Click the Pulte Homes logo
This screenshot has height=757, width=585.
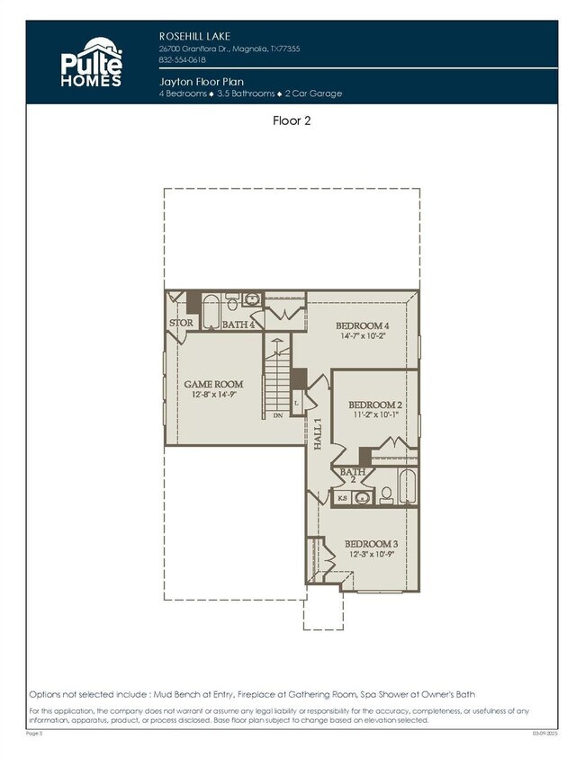coord(91,64)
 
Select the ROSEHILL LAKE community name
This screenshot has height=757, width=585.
coord(190,36)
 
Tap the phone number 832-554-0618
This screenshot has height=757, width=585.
coord(183,60)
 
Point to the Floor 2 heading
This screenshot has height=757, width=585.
coord(292,120)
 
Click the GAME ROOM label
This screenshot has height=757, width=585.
coord(214,384)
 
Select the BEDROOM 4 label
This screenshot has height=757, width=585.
coord(363,325)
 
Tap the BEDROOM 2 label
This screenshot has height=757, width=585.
coord(374,405)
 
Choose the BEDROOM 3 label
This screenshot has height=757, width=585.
coord(372,544)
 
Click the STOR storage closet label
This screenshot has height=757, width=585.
coord(181,324)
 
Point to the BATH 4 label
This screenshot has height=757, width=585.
coord(239,325)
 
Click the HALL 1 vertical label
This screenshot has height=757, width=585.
coord(318,433)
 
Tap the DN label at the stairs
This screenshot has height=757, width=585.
coord(277,416)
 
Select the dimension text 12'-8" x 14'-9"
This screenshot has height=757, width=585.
coord(214,395)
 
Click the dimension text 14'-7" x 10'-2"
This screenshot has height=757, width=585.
coord(363,336)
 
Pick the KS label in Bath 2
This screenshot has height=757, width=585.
coord(342,497)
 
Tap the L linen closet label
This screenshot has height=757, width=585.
coord(296,404)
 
